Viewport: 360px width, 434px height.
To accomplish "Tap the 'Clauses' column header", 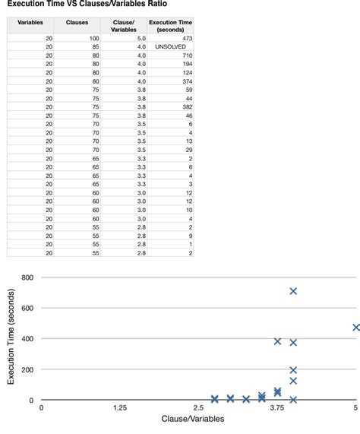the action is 77,23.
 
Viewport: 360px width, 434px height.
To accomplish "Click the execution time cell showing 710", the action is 187,55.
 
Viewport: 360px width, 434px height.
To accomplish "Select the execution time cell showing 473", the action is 187,38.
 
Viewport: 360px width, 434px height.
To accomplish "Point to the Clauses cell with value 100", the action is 93,38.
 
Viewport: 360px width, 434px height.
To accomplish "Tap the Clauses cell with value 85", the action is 95,47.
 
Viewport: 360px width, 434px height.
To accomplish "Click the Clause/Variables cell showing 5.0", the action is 141,38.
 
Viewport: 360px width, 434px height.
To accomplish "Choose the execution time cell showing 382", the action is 187,107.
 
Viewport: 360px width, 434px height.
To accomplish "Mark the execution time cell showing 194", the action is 187,65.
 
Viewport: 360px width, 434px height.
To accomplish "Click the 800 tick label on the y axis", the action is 27,277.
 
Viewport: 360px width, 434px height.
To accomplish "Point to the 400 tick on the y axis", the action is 27,339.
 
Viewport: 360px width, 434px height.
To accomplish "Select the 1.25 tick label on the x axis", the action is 119,408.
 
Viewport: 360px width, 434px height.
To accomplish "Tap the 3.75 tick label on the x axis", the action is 277,408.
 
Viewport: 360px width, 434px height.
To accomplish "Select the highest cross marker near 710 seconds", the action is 293,291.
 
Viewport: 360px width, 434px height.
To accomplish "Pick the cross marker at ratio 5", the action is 356,328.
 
